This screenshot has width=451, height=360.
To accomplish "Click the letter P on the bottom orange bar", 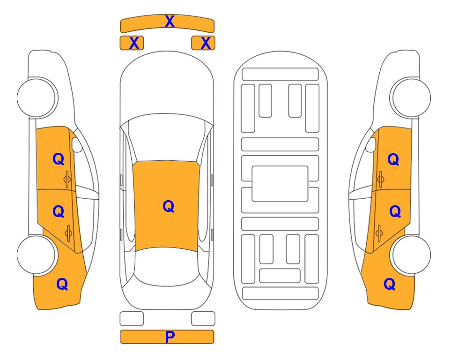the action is tap(170, 337).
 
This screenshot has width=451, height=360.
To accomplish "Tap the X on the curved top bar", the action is tap(170, 22).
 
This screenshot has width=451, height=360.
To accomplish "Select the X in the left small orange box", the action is tap(134, 43).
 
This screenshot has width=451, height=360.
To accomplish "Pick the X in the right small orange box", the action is tap(206, 43).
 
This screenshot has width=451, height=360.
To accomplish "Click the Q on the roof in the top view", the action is tap(169, 207).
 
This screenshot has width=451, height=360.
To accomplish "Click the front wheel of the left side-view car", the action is tap(37, 98).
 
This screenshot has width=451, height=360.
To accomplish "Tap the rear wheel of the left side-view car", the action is tap(36, 255).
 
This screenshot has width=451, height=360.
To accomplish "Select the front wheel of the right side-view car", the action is tap(411, 98).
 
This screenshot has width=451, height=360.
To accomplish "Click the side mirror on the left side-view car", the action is tap(76, 144).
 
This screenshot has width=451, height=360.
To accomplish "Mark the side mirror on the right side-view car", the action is tap(371, 144).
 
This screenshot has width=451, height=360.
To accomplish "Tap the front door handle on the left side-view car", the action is tap(67, 179).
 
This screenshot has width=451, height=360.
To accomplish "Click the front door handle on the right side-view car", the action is tap(380, 179).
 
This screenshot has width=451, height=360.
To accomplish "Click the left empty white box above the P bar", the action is tap(132, 319).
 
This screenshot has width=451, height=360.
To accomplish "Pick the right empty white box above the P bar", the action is tap(203, 319).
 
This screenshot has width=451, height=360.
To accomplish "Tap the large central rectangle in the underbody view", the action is tap(280, 184).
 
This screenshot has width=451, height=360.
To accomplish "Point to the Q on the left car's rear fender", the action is tap(62, 285).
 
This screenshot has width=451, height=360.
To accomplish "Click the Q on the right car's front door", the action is tap(393, 159).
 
